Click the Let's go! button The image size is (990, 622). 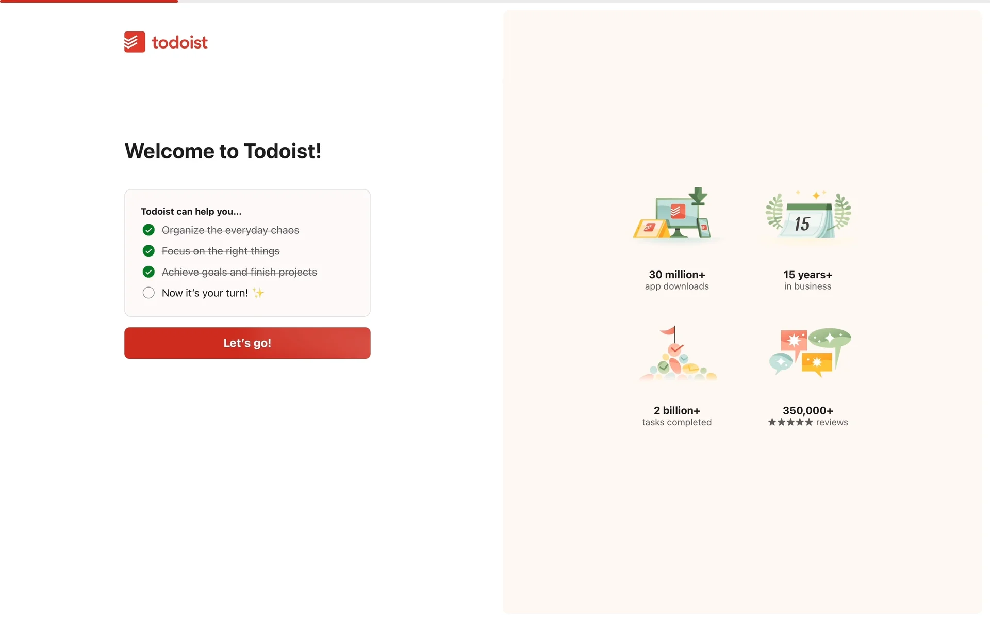tap(247, 343)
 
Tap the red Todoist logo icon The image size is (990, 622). tap(135, 42)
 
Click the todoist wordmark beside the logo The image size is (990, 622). tap(179, 42)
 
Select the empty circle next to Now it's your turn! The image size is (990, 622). tap(148, 293)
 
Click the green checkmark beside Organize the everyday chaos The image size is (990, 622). tap(148, 230)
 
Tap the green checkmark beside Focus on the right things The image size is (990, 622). tap(148, 251)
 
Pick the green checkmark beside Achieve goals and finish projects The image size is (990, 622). tap(148, 272)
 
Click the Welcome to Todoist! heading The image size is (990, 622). tap(223, 151)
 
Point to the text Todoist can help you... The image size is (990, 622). tap(191, 211)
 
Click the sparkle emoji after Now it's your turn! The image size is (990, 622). tap(258, 293)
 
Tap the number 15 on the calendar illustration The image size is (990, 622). tap(802, 224)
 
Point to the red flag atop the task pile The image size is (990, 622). tap(668, 330)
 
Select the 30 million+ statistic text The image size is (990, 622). tap(677, 275)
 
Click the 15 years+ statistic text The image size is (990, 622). tap(808, 275)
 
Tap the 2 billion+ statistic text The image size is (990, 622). tap(677, 410)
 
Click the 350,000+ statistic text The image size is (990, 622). tap(808, 410)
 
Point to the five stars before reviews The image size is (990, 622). tap(790, 422)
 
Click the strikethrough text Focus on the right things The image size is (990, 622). tap(221, 251)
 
